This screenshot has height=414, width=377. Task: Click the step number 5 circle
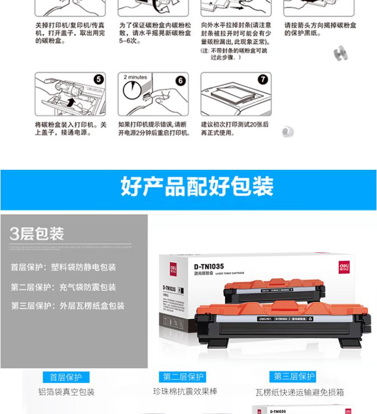(x=99, y=79)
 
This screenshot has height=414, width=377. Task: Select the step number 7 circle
(x=263, y=79)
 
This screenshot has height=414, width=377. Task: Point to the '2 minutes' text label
(x=135, y=77)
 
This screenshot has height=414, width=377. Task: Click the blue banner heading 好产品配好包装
(x=197, y=186)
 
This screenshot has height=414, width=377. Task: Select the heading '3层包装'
(x=37, y=234)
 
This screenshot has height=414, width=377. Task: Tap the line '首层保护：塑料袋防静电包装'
(x=63, y=267)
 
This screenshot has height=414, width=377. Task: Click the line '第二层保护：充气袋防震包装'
(x=63, y=287)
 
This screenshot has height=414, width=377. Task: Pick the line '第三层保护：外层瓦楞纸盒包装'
(x=68, y=305)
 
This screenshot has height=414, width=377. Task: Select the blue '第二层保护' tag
(x=184, y=377)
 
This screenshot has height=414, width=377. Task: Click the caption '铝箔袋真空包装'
(x=66, y=392)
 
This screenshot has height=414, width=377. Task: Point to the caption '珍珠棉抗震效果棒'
(x=185, y=391)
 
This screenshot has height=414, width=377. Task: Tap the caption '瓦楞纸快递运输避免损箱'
(x=300, y=392)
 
